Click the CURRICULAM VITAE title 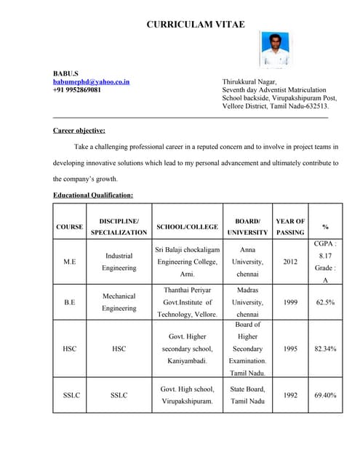196,25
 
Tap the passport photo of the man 274,49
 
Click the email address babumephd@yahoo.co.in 91,82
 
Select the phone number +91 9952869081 77,90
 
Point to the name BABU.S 65,74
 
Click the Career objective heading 79,131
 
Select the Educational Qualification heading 93,195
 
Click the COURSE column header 69,227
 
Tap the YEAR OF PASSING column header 290,227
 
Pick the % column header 325,227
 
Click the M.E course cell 69,262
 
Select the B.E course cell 69,302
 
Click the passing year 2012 290,262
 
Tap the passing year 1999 290,302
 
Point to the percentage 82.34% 325,349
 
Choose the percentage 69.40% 325,395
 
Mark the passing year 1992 290,395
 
